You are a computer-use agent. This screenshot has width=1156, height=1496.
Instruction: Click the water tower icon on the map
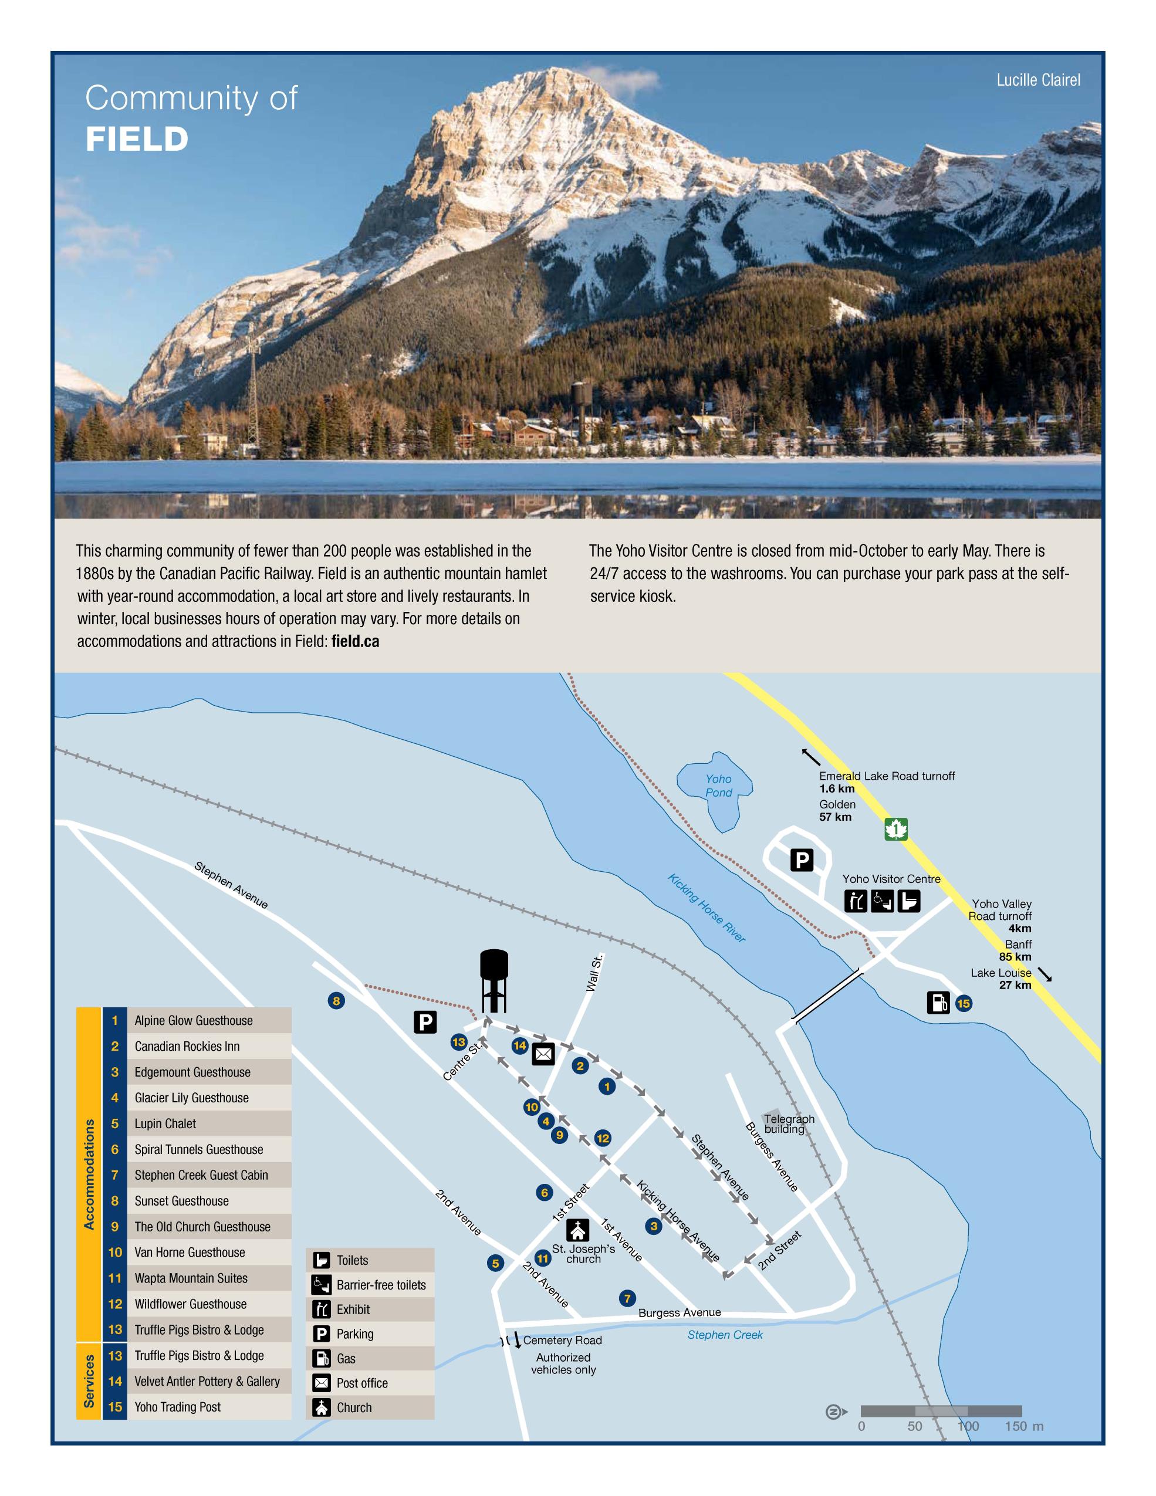(x=494, y=980)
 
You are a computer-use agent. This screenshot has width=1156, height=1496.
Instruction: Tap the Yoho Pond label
(x=718, y=786)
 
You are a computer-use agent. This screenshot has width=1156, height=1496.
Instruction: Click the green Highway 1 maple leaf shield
(x=895, y=829)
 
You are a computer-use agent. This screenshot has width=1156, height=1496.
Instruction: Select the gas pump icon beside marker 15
(x=938, y=1003)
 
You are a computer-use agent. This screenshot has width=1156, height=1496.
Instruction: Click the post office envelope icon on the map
(x=543, y=1054)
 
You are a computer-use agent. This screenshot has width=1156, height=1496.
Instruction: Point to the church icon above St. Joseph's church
(x=577, y=1230)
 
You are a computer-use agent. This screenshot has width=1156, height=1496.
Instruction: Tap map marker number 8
(x=336, y=1001)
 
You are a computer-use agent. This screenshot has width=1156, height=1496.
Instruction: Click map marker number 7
(x=626, y=1298)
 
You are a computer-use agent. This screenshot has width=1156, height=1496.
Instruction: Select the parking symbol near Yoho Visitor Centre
(x=802, y=859)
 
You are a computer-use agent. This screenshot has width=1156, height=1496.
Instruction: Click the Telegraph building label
(x=788, y=1123)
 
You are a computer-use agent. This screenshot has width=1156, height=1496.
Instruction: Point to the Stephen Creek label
(x=725, y=1334)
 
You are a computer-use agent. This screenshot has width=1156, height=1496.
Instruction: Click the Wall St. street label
(x=594, y=972)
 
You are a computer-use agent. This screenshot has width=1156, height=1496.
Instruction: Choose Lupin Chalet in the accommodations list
(x=165, y=1124)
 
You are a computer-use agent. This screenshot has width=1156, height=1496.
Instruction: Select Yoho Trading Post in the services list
(x=177, y=1407)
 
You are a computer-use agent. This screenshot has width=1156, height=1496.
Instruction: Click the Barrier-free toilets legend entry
(x=380, y=1285)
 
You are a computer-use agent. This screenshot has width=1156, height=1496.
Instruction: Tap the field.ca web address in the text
(x=355, y=642)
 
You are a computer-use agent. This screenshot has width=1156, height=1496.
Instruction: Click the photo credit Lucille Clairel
(x=1037, y=80)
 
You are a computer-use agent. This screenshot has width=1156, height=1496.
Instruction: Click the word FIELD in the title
(x=137, y=140)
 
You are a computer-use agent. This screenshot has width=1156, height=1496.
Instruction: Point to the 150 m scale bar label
(x=1024, y=1427)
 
